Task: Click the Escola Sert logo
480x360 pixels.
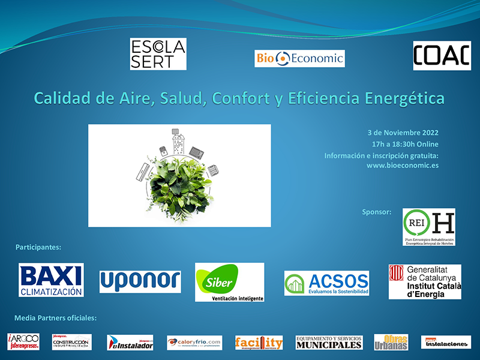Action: (x=158, y=54)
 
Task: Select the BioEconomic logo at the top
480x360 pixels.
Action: (x=299, y=58)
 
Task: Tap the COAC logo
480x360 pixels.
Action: (x=442, y=56)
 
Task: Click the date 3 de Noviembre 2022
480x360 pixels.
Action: (x=403, y=133)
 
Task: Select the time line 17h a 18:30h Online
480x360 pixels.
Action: (x=405, y=144)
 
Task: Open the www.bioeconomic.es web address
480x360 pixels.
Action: (x=402, y=166)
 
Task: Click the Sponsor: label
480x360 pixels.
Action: (x=377, y=212)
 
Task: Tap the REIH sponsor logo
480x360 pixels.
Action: (x=428, y=227)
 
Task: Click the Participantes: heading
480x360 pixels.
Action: (x=39, y=247)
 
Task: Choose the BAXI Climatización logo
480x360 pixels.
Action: (x=51, y=280)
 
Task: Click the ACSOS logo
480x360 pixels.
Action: (x=326, y=283)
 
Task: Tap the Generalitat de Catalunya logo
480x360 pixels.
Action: (x=425, y=281)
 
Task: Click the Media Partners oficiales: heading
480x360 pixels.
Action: (x=55, y=317)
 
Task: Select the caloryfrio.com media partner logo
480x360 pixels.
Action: (x=194, y=343)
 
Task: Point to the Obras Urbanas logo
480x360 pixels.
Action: (x=391, y=342)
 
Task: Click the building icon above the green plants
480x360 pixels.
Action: (x=178, y=143)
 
